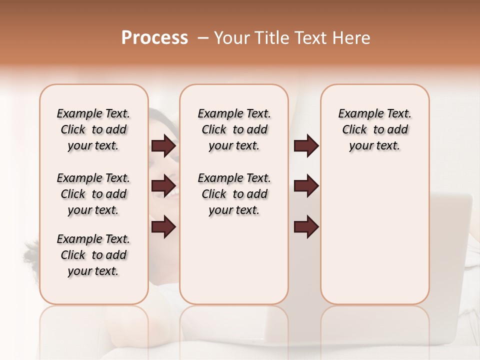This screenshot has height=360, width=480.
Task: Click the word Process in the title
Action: point(154,38)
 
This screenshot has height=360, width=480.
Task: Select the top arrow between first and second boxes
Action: point(163,146)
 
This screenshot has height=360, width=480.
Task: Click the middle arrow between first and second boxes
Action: point(163,186)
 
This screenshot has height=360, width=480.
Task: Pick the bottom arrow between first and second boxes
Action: point(163,226)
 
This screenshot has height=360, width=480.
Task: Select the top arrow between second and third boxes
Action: point(306,146)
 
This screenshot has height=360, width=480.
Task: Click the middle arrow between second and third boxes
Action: point(306,186)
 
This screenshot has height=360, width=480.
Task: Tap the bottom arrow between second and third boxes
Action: point(306,226)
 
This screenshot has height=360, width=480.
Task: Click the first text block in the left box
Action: point(93,129)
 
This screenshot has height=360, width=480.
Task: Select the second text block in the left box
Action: point(93,194)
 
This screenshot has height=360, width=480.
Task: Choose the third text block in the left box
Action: point(93,255)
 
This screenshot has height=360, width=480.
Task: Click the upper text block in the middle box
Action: point(234,129)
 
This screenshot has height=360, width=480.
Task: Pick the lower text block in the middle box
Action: point(234,194)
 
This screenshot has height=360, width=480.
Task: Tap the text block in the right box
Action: point(374,129)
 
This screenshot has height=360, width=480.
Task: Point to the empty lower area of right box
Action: point(374,240)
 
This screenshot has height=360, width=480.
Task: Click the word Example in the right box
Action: point(357,114)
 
